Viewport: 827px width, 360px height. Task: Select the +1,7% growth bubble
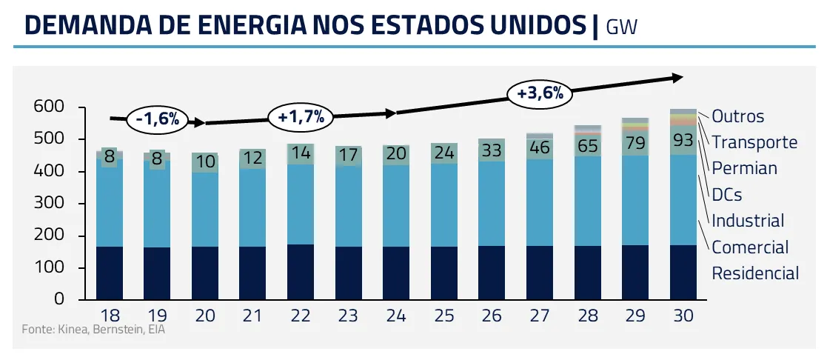[x=301, y=116]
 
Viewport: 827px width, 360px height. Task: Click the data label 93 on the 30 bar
[x=683, y=140]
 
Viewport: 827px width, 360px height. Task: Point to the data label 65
[x=587, y=145]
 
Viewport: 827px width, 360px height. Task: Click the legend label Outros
[x=737, y=116]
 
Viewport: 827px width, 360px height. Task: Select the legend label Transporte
[x=754, y=142]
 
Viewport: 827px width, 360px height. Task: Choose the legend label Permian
[x=744, y=168]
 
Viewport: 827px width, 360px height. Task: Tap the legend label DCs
[x=726, y=195]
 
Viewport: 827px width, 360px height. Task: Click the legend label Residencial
[x=755, y=273]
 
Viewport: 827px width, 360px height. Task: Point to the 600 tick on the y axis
[x=50, y=108]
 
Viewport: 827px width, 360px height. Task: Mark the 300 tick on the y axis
[x=50, y=204]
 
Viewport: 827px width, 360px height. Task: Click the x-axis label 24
[x=396, y=316]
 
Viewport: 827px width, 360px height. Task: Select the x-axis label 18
[x=110, y=316]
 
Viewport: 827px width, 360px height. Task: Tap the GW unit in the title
[x=621, y=27]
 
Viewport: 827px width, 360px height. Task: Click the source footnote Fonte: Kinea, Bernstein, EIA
[x=93, y=329]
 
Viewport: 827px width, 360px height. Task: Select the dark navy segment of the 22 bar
[x=301, y=272]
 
